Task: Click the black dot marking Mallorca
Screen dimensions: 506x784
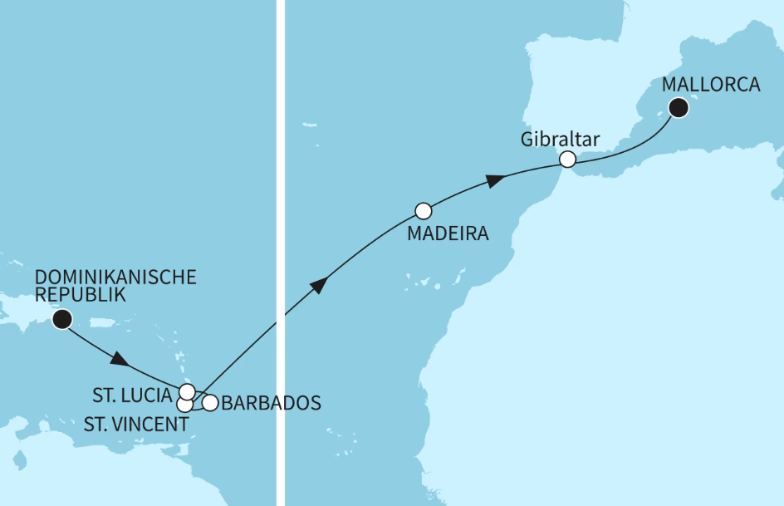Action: tap(679, 106)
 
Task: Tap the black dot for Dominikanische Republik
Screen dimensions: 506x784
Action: tap(61, 319)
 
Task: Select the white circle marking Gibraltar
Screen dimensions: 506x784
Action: tap(567, 159)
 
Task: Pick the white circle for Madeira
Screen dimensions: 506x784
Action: tap(424, 210)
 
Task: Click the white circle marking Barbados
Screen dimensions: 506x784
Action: tap(210, 403)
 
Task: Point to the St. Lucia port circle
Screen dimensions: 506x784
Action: tap(187, 391)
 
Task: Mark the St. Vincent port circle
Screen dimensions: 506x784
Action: tap(184, 405)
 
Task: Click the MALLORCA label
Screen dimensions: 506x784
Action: tap(711, 84)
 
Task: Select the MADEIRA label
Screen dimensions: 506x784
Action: tap(448, 234)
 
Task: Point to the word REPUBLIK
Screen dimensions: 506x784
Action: tap(81, 295)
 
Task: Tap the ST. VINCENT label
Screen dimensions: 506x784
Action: tap(136, 425)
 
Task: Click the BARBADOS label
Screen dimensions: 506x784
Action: tap(272, 404)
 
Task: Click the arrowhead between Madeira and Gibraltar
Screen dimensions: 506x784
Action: tap(495, 180)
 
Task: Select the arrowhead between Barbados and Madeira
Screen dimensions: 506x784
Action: tap(318, 286)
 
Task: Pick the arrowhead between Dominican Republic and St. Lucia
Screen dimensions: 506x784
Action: tap(120, 361)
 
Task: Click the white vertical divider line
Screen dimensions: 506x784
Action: tap(280, 249)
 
